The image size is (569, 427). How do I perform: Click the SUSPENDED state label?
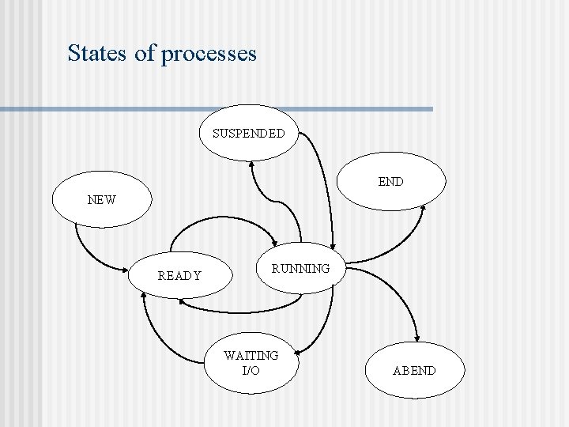[x=248, y=134]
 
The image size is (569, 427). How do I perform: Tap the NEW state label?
[x=101, y=200]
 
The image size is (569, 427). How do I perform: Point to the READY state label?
[x=179, y=276]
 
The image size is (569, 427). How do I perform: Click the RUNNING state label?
[x=300, y=269]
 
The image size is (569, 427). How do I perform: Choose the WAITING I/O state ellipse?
[x=251, y=363]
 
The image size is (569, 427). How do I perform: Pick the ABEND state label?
[x=414, y=370]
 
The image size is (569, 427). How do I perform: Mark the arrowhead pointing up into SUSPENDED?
[x=251, y=164]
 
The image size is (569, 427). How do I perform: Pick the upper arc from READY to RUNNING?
[x=221, y=223]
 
